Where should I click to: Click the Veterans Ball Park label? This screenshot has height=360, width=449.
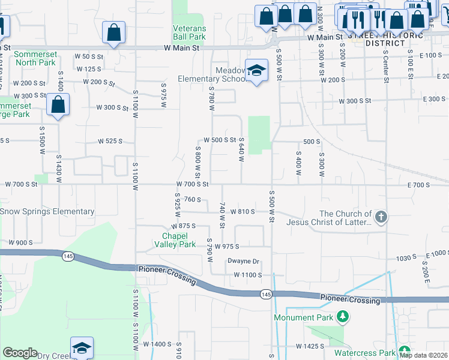(x=189, y=32)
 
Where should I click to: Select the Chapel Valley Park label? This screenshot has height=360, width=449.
(x=179, y=240)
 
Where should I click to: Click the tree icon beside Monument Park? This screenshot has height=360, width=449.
(x=342, y=316)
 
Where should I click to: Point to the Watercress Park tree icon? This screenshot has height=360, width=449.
(x=404, y=352)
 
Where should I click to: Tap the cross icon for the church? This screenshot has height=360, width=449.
(x=380, y=217)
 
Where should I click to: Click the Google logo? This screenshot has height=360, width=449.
(x=20, y=352)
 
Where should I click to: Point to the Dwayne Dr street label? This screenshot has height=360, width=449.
(x=243, y=261)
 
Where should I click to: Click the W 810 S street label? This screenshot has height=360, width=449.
(x=239, y=212)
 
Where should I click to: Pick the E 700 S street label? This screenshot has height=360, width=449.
(x=419, y=185)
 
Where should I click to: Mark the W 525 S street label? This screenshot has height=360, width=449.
(x=110, y=142)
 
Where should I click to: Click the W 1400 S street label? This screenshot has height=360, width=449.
(x=157, y=344)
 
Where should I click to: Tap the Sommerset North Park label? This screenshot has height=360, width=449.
(x=35, y=58)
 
